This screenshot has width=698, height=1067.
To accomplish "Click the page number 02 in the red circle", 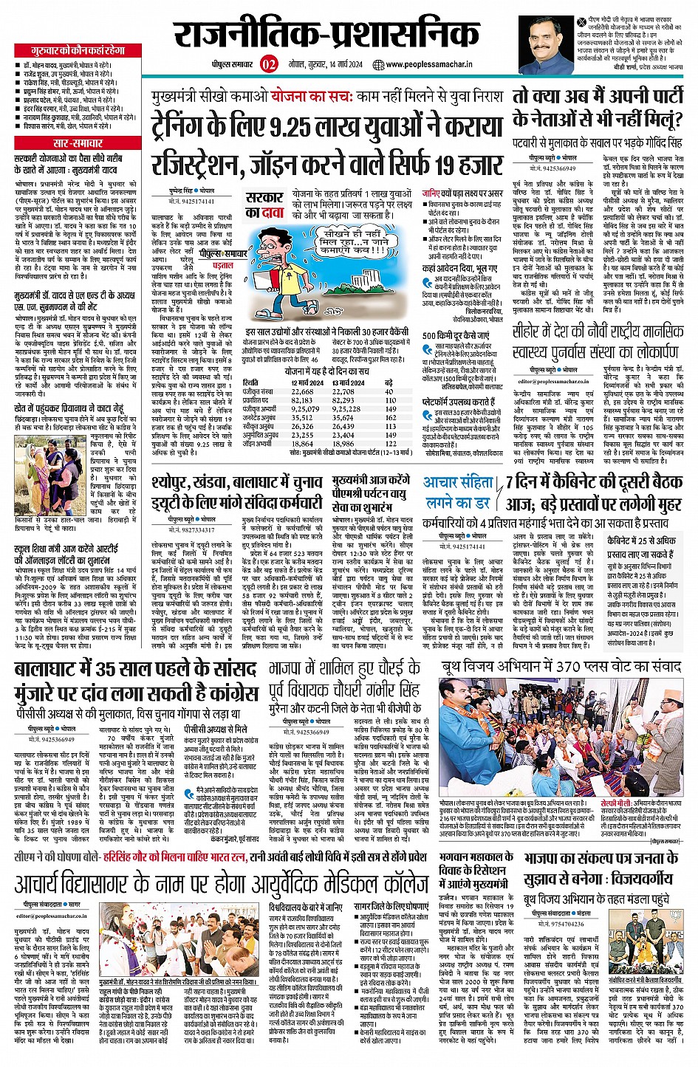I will click(x=268, y=64).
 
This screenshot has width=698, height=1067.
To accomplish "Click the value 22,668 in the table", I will click(x=302, y=392).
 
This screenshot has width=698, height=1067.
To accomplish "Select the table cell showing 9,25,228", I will click(x=346, y=408).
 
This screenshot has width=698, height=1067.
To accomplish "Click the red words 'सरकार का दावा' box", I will click(x=264, y=205).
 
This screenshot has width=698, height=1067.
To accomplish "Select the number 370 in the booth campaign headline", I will click(x=572, y=666).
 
